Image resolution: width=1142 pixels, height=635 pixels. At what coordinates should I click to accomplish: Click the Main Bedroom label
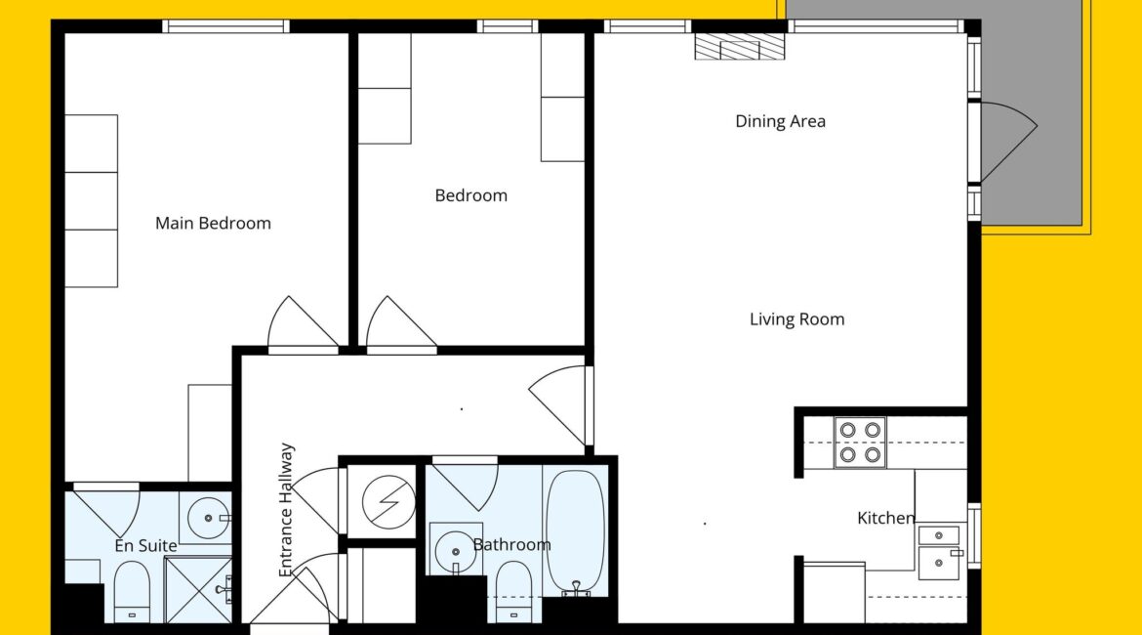pos(213,223)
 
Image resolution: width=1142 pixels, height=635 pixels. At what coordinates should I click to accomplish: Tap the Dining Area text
pos(780,121)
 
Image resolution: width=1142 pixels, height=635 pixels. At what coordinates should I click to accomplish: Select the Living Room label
pos(796,319)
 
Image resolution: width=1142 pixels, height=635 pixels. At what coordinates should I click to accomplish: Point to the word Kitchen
pos(885,518)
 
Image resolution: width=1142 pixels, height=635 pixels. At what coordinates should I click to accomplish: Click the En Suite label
pos(145,545)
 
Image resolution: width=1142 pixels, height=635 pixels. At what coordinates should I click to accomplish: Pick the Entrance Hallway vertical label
pos(286,510)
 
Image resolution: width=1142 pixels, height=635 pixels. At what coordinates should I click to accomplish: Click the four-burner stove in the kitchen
pos(860,443)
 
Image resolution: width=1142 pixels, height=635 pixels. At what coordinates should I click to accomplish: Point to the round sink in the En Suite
pos(208,518)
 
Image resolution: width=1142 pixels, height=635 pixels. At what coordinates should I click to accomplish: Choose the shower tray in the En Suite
pos(198,590)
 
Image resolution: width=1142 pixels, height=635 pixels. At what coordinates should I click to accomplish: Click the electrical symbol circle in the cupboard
pos(388,501)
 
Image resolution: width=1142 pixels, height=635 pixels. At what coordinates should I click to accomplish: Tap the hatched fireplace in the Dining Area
pos(739,47)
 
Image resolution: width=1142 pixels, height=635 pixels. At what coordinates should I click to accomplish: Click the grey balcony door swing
pos(1008,141)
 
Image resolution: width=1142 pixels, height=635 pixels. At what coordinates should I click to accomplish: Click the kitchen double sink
pos(940,553)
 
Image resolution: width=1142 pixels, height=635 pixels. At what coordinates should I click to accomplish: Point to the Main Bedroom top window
pos(225,26)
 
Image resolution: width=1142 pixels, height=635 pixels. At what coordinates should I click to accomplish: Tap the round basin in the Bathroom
pos(455,551)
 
